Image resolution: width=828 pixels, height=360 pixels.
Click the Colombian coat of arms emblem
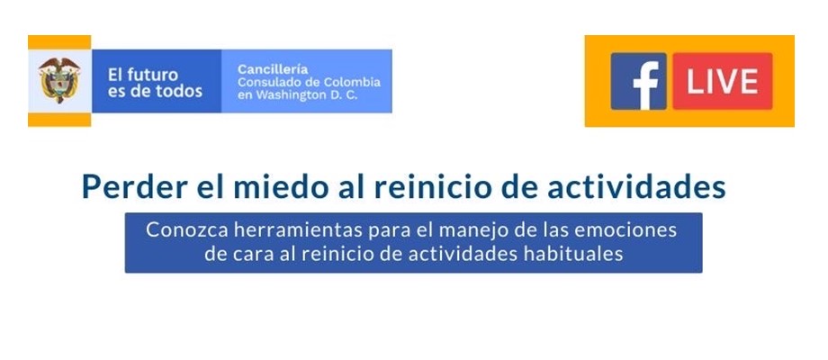point(59,80)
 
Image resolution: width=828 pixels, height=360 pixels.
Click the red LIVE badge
point(723,81)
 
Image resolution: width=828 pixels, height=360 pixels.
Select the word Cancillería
point(273,69)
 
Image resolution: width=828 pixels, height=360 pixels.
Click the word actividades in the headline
point(636,187)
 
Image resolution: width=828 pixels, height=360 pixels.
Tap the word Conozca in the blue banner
point(178,230)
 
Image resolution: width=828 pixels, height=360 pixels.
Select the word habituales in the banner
point(573,254)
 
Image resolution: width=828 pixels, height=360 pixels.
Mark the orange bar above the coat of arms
point(59,42)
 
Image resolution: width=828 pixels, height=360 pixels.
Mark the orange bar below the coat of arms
point(59,120)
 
